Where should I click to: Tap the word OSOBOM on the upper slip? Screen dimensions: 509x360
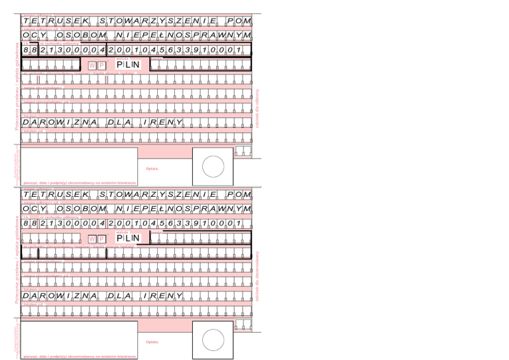point(83,35)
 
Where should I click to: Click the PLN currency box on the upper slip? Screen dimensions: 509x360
point(129,64)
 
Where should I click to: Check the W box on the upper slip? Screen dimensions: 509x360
point(92,65)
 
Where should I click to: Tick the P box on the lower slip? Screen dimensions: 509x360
point(101,239)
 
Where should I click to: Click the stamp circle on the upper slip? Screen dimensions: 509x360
point(213,166)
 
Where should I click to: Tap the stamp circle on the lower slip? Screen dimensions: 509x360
point(213,341)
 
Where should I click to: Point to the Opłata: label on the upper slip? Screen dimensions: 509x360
point(151,168)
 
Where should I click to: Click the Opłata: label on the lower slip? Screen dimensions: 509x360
point(151,343)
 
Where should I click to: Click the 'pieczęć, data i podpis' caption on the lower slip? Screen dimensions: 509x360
point(79,357)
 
